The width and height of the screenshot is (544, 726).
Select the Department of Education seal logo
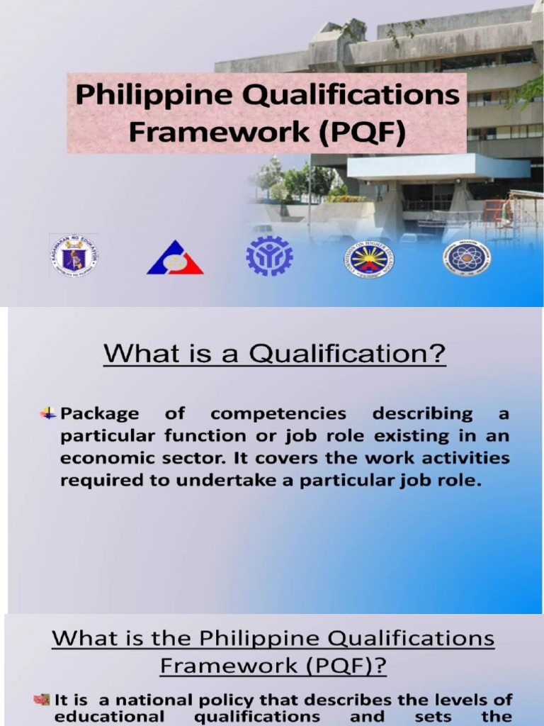pyautogui.click(x=74, y=256)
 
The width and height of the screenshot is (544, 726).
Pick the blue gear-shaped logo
pyautogui.click(x=269, y=256)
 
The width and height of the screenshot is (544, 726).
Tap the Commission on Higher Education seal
pyautogui.click(x=369, y=258)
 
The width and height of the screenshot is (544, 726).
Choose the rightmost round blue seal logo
pyautogui.click(x=467, y=257)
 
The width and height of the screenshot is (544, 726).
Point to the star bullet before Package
pyautogui.click(x=48, y=413)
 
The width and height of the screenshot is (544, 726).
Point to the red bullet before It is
pyautogui.click(x=41, y=700)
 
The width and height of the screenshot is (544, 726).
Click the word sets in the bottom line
pyautogui.click(x=431, y=716)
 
